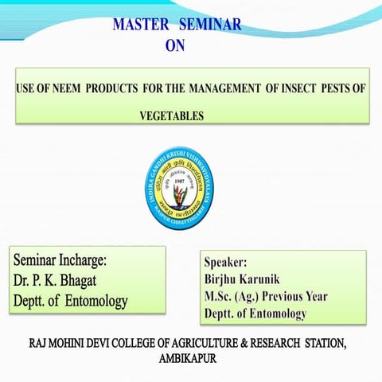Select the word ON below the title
click(x=174, y=45)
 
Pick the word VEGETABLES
click(x=172, y=116)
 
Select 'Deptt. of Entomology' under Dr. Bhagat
click(x=70, y=302)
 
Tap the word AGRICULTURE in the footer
click(x=198, y=344)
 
